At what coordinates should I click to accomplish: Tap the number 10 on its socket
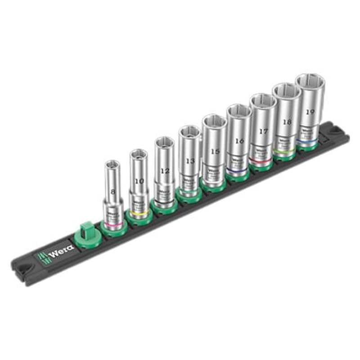(x=139, y=180)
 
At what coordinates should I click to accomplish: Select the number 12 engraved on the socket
(x=165, y=171)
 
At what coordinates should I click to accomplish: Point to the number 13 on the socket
(x=190, y=161)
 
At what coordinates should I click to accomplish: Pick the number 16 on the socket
(x=239, y=141)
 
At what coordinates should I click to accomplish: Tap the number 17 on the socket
(x=264, y=132)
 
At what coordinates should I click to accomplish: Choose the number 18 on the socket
(x=287, y=122)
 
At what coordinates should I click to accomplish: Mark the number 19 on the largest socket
(x=310, y=112)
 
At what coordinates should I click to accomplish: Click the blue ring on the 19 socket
(x=308, y=143)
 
